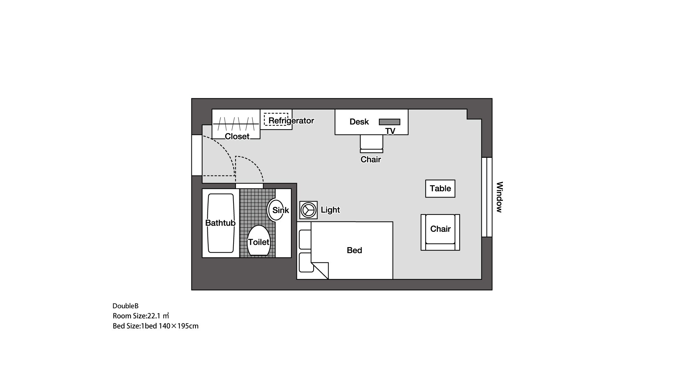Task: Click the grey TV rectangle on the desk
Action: [389, 122]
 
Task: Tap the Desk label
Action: [359, 122]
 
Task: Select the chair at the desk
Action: [371, 143]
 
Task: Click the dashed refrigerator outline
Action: [276, 119]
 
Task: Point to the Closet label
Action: [237, 136]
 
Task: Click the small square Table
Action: [440, 188]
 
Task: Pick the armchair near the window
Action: [440, 232]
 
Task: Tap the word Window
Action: [499, 197]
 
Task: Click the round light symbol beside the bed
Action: [308, 210]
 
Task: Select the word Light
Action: [330, 210]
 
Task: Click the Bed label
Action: [354, 250]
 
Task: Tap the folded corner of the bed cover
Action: [321, 270]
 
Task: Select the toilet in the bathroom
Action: [258, 241]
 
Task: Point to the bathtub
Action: [220, 223]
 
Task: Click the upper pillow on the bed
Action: [305, 239]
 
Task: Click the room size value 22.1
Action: [154, 316]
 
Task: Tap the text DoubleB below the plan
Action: [125, 306]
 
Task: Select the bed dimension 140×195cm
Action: [179, 326]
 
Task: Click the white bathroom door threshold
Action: [249, 186]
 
